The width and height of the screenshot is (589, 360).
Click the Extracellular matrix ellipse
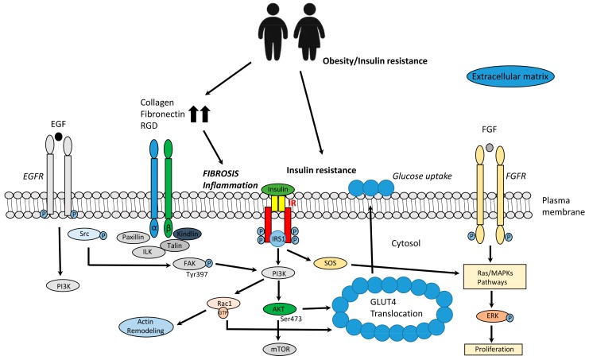[x=510, y=76]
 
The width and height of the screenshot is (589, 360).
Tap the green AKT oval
[x=279, y=309]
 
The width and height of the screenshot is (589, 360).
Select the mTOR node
[x=280, y=349]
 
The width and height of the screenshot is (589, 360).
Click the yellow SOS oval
[x=330, y=263]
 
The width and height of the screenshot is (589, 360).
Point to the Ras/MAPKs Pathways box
[x=494, y=277]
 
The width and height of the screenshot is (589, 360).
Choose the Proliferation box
[x=494, y=349]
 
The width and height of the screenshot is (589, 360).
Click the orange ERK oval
[x=492, y=316]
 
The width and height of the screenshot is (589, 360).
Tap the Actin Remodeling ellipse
[x=145, y=327]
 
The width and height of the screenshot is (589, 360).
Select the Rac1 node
[x=224, y=303]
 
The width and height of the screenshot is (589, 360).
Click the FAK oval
[x=189, y=264]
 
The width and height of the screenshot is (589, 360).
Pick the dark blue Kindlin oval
[x=188, y=234]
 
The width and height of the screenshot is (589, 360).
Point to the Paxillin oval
[x=134, y=238]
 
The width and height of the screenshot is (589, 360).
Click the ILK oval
[x=149, y=251]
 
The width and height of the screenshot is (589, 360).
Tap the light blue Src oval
[x=84, y=234]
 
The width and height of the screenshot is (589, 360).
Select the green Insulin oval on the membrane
[x=278, y=189]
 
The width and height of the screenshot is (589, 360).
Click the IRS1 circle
[x=278, y=238]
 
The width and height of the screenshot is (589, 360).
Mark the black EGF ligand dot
[x=58, y=136]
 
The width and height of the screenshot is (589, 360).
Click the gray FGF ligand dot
[x=490, y=148]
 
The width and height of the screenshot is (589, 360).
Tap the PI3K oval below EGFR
[x=63, y=286]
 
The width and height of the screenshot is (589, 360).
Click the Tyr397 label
[x=197, y=274]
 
